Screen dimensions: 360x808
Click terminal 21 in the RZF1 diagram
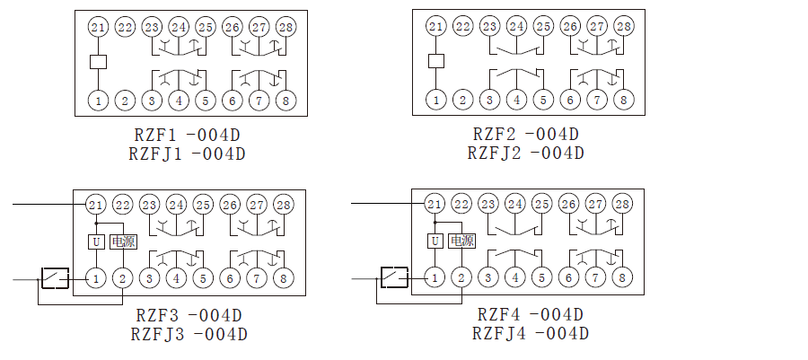coord(99,28)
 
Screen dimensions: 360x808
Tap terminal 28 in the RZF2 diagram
coord(623,27)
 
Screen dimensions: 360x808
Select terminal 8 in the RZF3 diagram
coord(283,278)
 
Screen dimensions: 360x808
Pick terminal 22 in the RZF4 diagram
coord(461,205)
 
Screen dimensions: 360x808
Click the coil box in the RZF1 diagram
coord(99,62)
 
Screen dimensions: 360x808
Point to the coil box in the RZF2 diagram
coord(435,62)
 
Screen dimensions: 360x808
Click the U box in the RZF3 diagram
coord(95,241)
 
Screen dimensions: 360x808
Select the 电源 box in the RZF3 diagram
coord(123,241)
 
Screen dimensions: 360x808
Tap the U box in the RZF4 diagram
coord(435,241)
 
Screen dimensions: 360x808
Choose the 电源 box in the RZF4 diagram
coord(462,241)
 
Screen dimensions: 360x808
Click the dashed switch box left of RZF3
coord(55,278)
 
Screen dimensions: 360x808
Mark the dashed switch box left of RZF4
coord(394,277)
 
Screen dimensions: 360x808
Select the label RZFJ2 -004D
coord(525,153)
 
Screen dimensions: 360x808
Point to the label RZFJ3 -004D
coord(188,334)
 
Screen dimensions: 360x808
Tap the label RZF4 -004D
coord(530,315)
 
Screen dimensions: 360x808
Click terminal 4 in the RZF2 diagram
coord(515,99)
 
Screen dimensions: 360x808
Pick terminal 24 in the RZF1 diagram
coord(179,28)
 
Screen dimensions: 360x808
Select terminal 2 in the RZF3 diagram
coord(122,278)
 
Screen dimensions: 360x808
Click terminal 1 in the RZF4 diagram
coord(435,278)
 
